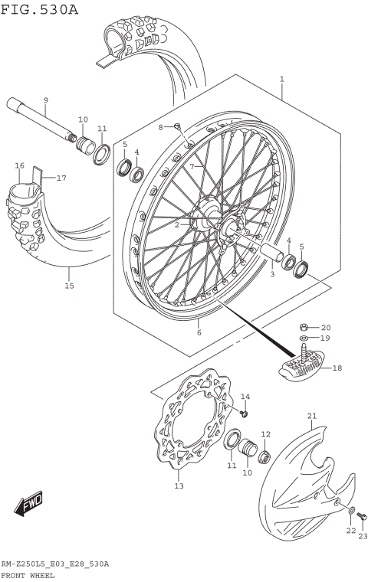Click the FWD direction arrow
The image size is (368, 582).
[x=28, y=505]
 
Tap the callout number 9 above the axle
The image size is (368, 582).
[x=45, y=100]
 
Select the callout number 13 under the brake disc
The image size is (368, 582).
[x=179, y=486]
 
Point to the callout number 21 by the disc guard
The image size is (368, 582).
[x=311, y=416]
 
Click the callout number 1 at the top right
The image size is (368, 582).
[x=282, y=79]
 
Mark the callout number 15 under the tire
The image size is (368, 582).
[x=69, y=286]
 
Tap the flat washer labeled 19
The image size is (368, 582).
[x=304, y=338]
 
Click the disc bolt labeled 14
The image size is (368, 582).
[x=244, y=413]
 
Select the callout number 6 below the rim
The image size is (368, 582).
[x=199, y=332]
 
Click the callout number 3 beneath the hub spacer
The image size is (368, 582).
[x=271, y=273]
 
